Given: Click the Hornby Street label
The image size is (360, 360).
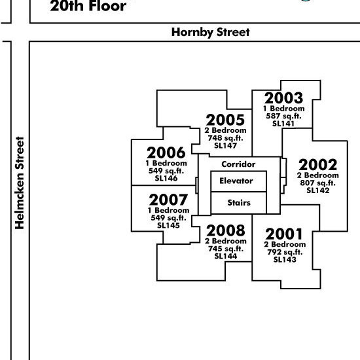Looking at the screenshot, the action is [210, 32].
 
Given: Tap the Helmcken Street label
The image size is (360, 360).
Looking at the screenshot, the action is [20, 183].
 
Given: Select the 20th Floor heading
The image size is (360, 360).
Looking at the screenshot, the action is [88, 6].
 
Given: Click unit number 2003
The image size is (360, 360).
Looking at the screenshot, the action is [284, 98].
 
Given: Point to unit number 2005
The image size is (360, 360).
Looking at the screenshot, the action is [225, 120].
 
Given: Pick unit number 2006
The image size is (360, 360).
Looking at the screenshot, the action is [166, 153].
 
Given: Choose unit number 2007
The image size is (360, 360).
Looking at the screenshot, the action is [168, 200].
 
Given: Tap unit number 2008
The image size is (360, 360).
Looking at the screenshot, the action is [226, 230].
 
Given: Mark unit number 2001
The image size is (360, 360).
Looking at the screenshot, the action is [284, 234].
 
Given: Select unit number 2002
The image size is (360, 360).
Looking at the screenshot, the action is [318, 165].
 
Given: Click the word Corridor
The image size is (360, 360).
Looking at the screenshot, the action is [238, 164].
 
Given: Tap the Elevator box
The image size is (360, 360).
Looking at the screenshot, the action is [238, 181].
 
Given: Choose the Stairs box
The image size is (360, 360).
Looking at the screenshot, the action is [238, 203].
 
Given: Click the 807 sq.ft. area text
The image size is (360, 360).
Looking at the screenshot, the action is [317, 183].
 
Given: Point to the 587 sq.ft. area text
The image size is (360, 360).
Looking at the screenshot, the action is [284, 116].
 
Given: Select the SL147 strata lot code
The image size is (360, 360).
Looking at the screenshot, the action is [225, 145].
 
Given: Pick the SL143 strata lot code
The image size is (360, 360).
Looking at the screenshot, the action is [285, 260].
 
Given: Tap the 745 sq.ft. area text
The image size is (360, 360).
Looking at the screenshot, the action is [226, 249].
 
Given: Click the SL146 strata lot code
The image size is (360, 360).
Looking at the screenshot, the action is [166, 179].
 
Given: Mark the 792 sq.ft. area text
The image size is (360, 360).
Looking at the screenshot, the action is [285, 252].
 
